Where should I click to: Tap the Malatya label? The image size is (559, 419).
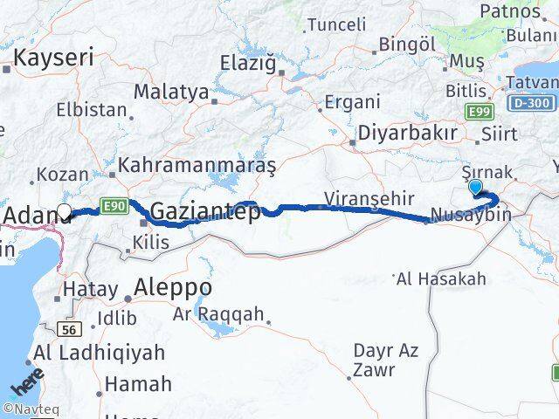171,92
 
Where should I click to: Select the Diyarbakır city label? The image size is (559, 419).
408,134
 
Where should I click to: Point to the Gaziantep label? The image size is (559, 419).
205,211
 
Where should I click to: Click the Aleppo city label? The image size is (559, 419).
174,286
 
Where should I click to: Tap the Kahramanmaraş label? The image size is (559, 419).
197,164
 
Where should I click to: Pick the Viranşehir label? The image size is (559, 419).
368,199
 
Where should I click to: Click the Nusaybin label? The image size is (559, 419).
471,215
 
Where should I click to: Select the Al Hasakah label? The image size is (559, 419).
441,279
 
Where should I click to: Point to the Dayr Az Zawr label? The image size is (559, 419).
386,360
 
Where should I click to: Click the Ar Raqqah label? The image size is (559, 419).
218,313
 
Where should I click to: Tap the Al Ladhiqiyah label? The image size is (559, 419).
100,354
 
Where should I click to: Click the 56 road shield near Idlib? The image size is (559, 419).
71,329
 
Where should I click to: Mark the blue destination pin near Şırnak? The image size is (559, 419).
475,187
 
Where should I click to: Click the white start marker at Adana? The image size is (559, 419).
64,210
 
